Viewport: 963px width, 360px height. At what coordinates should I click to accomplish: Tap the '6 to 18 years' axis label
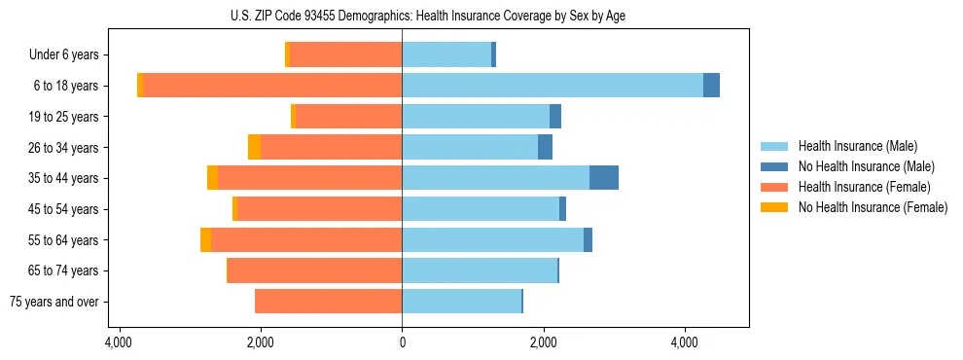(66, 86)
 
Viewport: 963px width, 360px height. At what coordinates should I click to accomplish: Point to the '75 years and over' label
(54, 302)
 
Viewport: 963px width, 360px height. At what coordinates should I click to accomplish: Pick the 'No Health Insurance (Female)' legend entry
(873, 207)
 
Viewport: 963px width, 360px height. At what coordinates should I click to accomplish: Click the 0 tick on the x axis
(402, 343)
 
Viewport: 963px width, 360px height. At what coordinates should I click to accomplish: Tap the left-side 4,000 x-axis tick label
(119, 343)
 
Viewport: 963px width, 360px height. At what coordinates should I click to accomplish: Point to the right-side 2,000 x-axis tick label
(543, 343)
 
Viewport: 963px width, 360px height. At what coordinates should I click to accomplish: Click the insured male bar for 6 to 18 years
(553, 86)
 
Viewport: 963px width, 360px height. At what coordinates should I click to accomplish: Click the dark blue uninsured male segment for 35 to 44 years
(604, 178)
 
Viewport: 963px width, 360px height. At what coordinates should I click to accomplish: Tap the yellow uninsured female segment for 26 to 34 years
(254, 147)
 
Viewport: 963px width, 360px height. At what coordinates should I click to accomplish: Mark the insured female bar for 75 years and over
(329, 302)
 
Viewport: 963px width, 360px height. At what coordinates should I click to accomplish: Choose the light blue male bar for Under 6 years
(446, 55)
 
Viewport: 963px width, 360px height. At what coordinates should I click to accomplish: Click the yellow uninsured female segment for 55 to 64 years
(205, 239)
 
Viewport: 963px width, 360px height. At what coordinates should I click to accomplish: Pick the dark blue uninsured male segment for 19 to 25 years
(555, 117)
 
